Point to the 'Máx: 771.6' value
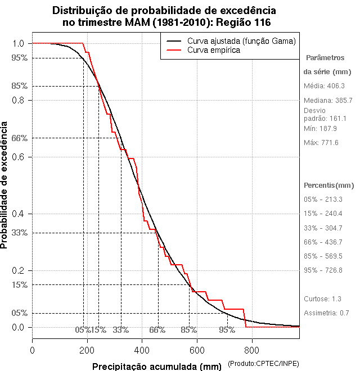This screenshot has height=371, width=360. (x=321, y=143)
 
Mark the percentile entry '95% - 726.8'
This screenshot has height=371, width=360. (x=323, y=270)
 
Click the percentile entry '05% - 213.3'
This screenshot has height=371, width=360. (x=323, y=200)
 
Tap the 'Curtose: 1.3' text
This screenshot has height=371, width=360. (x=322, y=299)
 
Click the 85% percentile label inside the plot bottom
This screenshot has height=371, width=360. (x=188, y=330)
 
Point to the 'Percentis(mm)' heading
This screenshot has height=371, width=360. (x=329, y=185)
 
